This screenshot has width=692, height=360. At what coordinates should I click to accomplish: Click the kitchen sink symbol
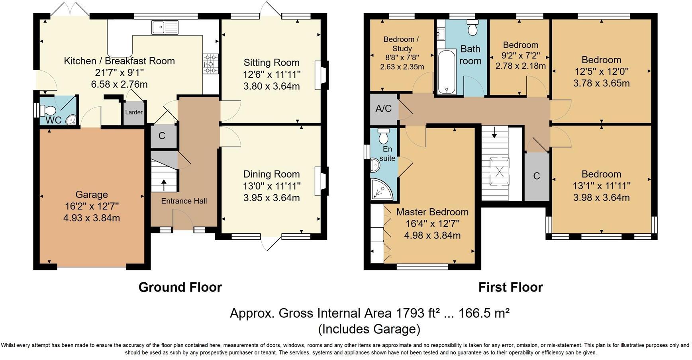tap(165, 27)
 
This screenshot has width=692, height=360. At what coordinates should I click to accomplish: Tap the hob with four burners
tap(211, 64)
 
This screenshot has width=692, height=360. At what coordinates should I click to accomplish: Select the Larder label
tap(134, 112)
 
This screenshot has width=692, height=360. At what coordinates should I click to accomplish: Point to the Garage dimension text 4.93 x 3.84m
tap(92, 218)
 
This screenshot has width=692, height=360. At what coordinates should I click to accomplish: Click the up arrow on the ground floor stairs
tap(164, 184)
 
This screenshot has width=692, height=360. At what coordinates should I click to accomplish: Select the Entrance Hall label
tap(184, 201)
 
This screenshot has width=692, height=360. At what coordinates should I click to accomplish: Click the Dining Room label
tap(272, 174)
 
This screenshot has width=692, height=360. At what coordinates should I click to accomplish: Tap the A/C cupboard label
tap(383, 108)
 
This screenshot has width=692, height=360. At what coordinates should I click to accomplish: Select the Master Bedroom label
tap(432, 212)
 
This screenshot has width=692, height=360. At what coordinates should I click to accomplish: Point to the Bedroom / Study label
tap(402, 44)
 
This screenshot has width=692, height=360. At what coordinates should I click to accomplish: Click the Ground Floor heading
tap(180, 287)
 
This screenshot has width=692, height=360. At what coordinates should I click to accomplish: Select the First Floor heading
tap(510, 287)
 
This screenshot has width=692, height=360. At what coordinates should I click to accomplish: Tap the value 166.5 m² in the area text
tap(484, 313)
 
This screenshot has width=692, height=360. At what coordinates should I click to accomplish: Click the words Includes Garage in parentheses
tap(369, 329)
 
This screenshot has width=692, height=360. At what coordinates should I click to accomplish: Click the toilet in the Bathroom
tap(472, 27)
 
